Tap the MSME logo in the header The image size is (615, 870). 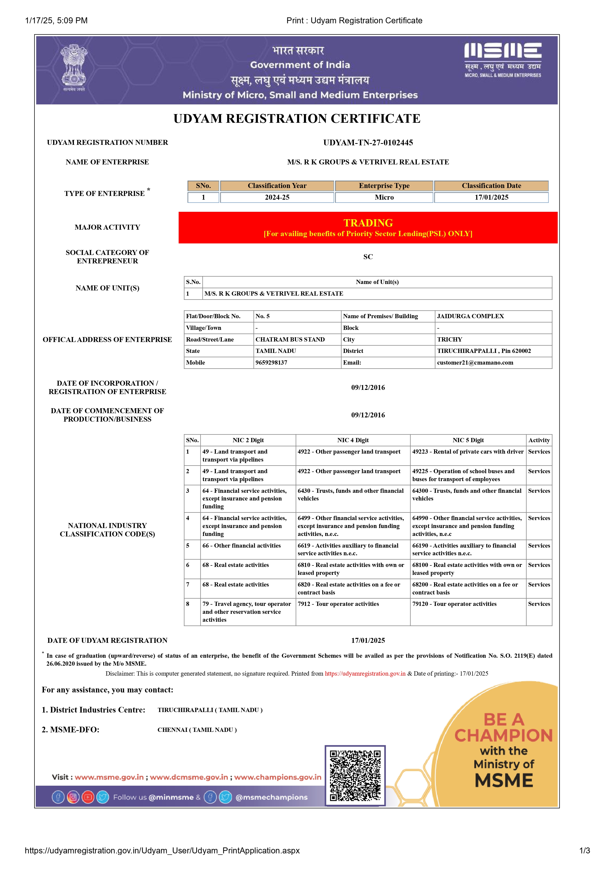click(x=503, y=60)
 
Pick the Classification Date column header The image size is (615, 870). click(x=491, y=186)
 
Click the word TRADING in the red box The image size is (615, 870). click(x=368, y=223)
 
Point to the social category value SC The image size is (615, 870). click(x=368, y=257)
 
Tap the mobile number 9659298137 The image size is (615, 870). click(x=271, y=363)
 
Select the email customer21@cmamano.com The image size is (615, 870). click(x=475, y=363)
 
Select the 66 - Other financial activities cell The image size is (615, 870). click(x=241, y=546)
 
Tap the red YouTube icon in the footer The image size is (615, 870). click(x=88, y=797)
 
